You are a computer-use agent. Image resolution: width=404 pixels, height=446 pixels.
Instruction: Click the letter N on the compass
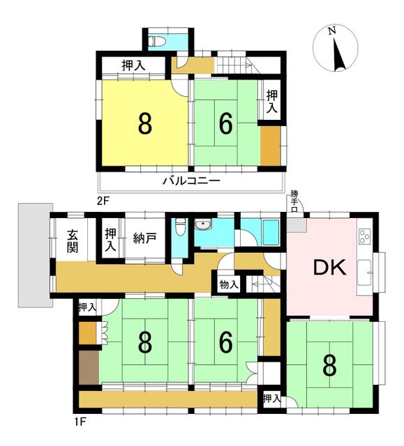(x=331, y=31)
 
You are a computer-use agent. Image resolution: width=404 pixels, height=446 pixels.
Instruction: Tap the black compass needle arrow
(x=339, y=56)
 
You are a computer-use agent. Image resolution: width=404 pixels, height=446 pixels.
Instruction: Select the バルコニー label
(x=191, y=181)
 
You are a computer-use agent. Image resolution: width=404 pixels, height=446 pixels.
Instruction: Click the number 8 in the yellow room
(x=145, y=124)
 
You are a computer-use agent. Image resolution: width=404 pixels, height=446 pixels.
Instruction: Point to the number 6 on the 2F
(x=226, y=124)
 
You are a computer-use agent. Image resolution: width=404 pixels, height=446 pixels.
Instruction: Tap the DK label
(x=330, y=268)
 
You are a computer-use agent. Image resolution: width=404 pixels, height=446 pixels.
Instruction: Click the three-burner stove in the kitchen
(x=365, y=236)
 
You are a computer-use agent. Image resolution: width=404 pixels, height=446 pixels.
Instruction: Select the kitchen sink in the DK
(x=364, y=272)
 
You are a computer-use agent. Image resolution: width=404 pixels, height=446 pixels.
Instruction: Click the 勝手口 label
(x=294, y=201)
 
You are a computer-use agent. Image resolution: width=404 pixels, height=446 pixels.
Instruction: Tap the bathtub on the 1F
(x=271, y=232)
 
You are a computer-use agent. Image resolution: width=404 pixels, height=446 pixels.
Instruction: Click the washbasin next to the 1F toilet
(x=203, y=225)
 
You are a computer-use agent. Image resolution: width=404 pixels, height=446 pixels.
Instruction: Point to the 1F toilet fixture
(x=180, y=226)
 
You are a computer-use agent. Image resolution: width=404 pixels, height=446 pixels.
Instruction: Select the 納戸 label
(x=145, y=238)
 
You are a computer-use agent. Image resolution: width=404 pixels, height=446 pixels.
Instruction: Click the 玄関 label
(x=73, y=241)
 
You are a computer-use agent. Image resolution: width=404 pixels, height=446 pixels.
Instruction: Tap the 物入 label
(x=229, y=284)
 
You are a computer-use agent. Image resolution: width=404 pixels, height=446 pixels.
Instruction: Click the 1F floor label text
(x=80, y=421)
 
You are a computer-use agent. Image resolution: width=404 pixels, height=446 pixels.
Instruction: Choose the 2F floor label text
(x=103, y=201)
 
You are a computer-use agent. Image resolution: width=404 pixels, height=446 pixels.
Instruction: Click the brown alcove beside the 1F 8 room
(x=89, y=367)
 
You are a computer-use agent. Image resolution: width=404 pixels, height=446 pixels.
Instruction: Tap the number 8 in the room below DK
(x=330, y=367)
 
